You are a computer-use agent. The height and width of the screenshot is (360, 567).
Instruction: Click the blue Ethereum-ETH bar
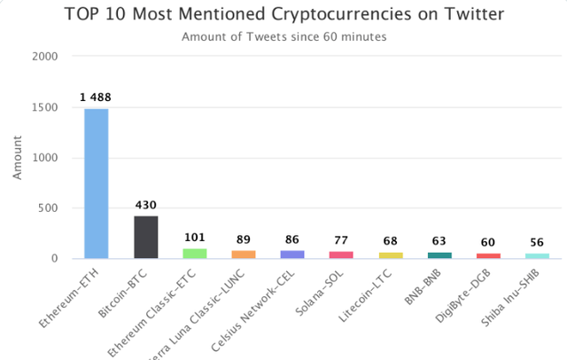coord(97,184)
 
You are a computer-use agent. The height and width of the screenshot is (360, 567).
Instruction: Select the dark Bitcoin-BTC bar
coord(145,237)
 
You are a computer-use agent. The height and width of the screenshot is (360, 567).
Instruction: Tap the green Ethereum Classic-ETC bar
coord(195,254)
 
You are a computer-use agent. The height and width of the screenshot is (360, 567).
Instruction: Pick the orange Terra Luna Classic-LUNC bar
coord(244,254)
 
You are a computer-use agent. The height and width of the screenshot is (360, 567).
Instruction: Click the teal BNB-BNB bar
coord(439,255)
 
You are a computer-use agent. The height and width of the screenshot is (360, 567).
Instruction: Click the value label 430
coord(145,205)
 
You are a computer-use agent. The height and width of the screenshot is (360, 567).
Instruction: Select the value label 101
coord(195,238)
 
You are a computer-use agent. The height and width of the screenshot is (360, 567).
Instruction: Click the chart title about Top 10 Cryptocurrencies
coord(283,15)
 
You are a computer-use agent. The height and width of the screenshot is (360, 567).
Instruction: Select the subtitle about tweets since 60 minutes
coord(283,36)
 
